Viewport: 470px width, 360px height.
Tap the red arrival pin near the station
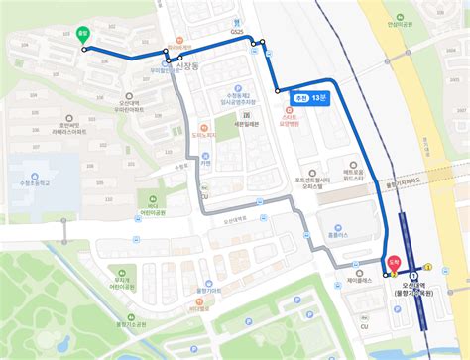[x=394, y=264]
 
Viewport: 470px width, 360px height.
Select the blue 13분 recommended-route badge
[x=310, y=99]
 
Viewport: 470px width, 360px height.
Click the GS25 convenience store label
[x=236, y=33]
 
